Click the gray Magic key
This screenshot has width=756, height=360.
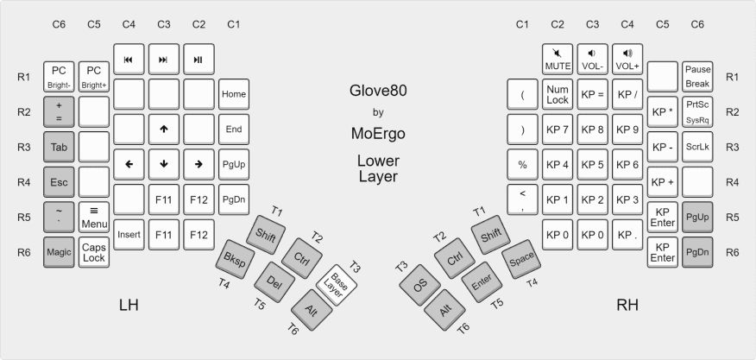click(x=59, y=251)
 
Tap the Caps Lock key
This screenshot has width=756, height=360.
click(x=93, y=251)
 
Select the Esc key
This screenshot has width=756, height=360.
click(x=59, y=182)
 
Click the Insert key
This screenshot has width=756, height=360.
click(x=129, y=235)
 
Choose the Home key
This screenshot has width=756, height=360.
click(x=233, y=94)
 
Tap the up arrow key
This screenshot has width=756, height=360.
click(x=163, y=129)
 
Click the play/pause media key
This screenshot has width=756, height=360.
click(x=198, y=60)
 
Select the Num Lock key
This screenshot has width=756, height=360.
click(x=558, y=94)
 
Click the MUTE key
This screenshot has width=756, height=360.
click(x=558, y=60)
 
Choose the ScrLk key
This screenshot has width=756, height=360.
click(x=696, y=147)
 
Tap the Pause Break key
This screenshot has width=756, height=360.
click(x=696, y=77)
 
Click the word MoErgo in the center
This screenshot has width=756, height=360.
click(x=377, y=134)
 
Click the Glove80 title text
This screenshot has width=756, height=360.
click(x=377, y=92)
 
